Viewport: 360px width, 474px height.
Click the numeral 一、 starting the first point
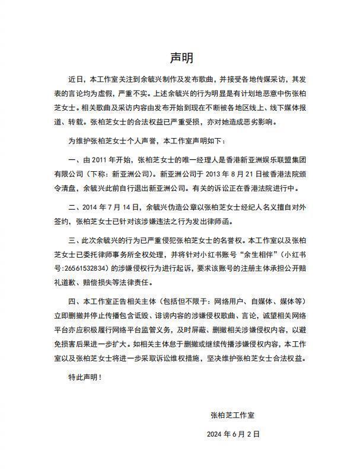74,160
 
